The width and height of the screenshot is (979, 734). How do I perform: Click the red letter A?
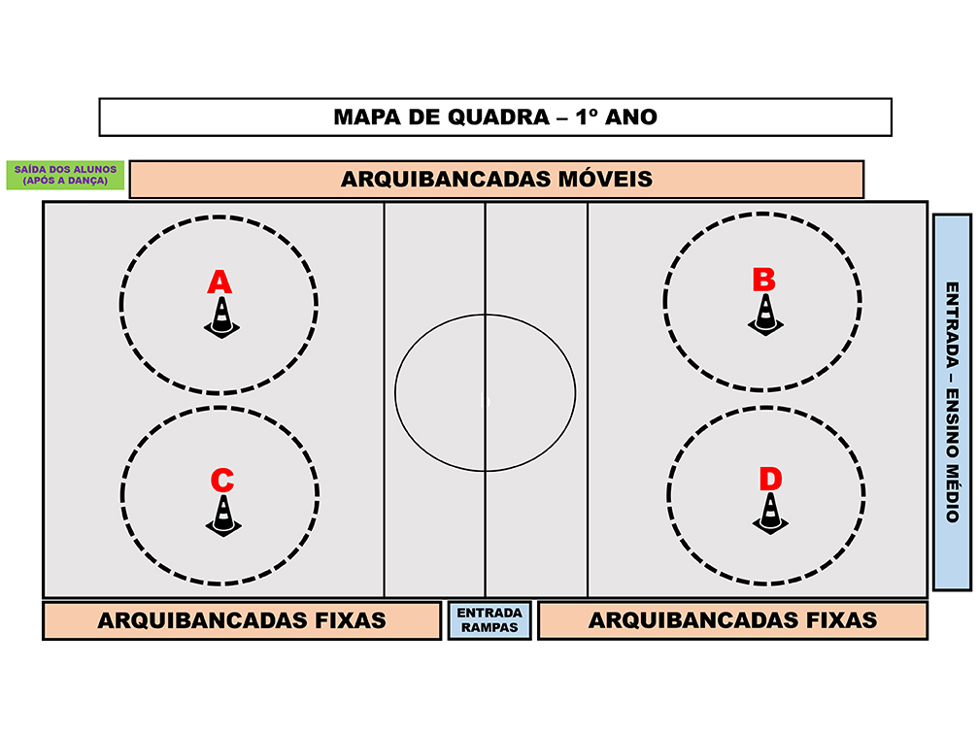pos(219,283)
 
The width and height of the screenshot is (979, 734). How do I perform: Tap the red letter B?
pos(763,280)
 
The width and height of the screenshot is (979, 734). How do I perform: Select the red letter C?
pos(222,481)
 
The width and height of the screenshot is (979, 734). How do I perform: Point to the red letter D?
pos(770,479)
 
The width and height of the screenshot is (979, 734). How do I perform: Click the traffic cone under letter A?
pos(221,317)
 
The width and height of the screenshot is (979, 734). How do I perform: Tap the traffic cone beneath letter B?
pos(765,315)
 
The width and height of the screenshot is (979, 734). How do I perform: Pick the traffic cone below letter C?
pos(223,516)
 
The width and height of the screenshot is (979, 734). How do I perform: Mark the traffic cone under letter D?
pos(770,513)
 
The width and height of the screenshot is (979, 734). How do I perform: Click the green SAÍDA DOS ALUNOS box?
pos(66,175)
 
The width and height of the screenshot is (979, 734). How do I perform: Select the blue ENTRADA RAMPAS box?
pos(489,620)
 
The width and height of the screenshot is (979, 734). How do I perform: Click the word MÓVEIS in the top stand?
pos(605,179)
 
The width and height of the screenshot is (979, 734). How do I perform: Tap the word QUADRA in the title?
pos(499,117)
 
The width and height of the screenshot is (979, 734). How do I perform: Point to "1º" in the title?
pos(587,117)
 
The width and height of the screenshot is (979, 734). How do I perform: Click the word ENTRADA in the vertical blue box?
pos(952,324)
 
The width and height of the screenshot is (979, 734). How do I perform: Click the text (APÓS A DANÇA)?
pos(66,181)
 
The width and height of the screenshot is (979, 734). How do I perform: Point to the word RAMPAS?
pos(489,628)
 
